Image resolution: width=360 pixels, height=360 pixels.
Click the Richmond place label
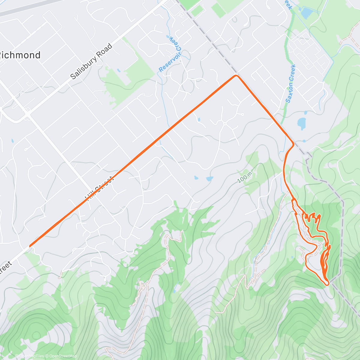pos(20,55)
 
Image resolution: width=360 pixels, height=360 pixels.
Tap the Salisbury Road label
pos(91,61)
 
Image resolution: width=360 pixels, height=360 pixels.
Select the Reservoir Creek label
pos(170,54)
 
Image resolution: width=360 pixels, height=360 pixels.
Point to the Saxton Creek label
pos(290,84)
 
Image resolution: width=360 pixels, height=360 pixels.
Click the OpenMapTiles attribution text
pos(31,356)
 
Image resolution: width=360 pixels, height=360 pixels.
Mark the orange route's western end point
pos(30,246)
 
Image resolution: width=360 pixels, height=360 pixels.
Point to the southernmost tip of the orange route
pos(328,283)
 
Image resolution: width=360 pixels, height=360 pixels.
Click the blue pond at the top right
pos(306,13)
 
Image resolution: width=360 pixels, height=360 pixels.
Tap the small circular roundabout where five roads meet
pos(224,124)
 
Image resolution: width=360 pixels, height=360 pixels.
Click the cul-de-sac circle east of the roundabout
pos(242,114)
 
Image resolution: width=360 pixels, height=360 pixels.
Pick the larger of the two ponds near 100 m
pos(209,179)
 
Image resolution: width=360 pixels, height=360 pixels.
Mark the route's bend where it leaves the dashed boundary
pos(292,145)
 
